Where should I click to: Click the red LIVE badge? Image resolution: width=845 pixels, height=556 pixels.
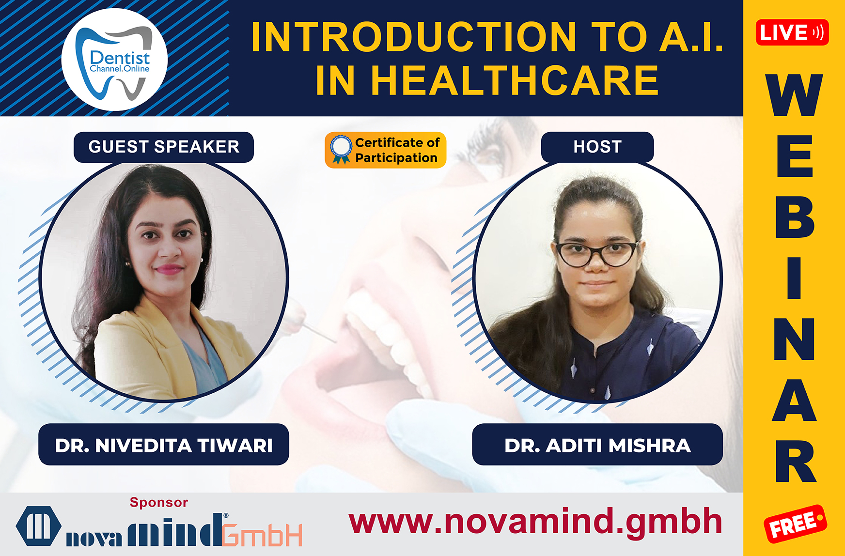[792, 32]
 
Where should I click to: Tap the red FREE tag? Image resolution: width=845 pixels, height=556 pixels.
[795, 524]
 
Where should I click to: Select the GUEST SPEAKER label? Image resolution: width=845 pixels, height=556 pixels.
[164, 147]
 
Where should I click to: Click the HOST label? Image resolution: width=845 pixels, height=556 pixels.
[597, 147]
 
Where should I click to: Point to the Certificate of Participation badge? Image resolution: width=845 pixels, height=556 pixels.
[386, 150]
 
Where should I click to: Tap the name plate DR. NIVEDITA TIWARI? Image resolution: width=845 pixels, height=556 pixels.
[164, 445]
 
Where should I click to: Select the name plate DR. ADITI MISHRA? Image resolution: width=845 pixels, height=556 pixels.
[597, 445]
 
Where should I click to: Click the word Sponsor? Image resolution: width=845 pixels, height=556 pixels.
[158, 502]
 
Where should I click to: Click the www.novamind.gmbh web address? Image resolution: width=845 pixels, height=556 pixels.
[535, 522]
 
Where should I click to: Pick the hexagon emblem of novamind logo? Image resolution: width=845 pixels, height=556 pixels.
[39, 526]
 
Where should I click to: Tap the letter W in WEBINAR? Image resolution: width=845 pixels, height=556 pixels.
[795, 95]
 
